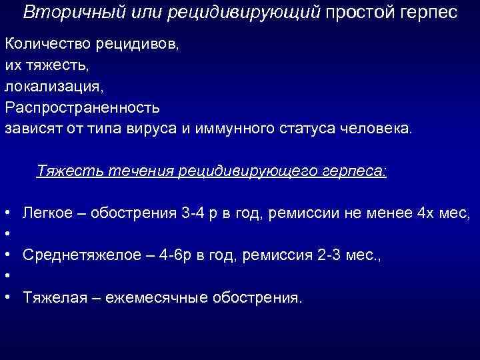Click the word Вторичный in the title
(x=59, y=13)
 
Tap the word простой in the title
(x=358, y=13)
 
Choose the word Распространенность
(x=82, y=109)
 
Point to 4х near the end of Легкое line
(x=424, y=213)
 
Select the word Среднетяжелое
(x=74, y=255)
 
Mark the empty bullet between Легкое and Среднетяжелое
(x=6, y=235)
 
